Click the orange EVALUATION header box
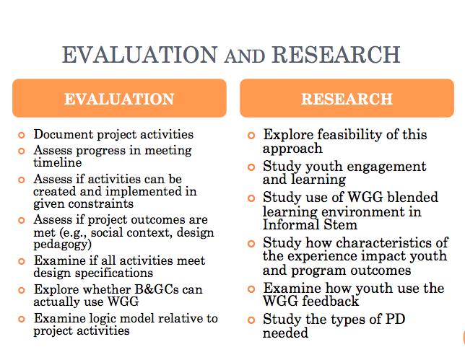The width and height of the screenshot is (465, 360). [119, 99]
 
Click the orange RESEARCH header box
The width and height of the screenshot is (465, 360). [347, 99]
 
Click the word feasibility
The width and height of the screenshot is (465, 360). [344, 135]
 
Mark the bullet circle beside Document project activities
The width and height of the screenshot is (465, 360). [22, 135]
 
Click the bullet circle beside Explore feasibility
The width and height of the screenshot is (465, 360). [251, 136]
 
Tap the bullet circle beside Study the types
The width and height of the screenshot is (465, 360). [251, 320]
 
